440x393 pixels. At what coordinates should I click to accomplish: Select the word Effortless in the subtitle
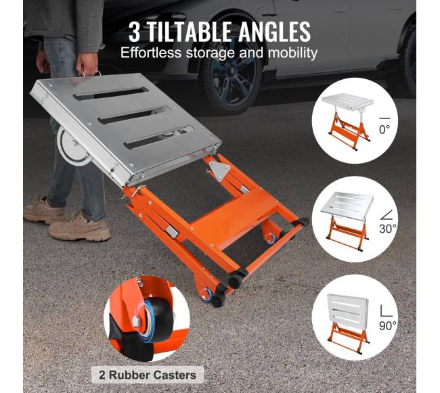[x=151, y=53]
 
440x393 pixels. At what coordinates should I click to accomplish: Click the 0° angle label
[x=384, y=129]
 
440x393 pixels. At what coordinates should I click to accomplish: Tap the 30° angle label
[x=388, y=229]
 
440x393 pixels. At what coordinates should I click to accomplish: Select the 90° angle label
[x=388, y=326]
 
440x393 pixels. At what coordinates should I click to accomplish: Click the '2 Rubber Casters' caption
[x=148, y=375]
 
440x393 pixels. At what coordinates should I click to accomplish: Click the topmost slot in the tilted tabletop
[x=110, y=93]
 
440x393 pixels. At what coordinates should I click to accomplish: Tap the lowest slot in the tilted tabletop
[x=159, y=137]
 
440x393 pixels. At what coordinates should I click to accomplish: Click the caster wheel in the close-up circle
[x=154, y=319]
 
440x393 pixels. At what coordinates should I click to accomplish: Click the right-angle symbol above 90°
[x=386, y=311]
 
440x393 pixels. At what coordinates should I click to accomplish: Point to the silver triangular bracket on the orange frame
[x=221, y=168]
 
